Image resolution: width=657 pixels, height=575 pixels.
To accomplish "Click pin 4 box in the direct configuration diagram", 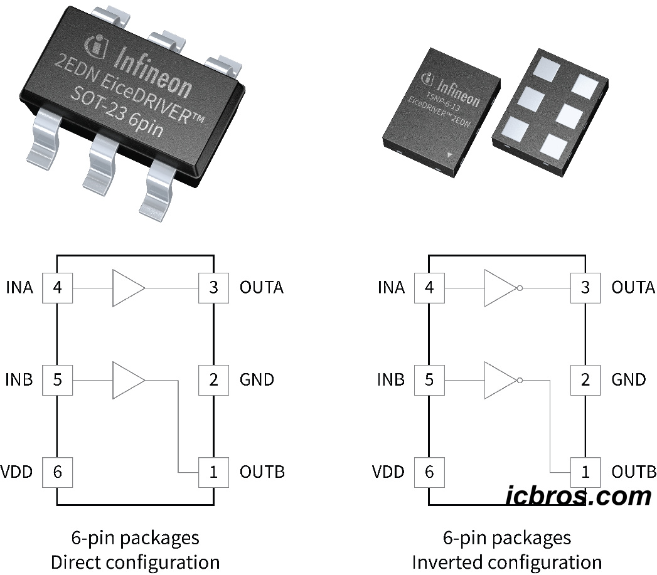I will (57, 288).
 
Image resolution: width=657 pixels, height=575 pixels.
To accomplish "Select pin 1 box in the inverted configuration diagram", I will (585, 472).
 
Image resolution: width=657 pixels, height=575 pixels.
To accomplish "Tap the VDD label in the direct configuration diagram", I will (17, 472).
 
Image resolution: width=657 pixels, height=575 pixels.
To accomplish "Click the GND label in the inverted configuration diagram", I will (628, 380).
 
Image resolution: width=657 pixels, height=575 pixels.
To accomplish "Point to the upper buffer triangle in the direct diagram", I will (128, 288).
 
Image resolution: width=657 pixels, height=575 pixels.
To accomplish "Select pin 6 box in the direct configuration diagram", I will (57, 472).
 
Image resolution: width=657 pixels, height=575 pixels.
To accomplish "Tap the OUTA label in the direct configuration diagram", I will (262, 288).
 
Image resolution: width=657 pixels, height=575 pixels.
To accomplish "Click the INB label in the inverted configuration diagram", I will (391, 380).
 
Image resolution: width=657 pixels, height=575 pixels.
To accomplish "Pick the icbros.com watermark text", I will (579, 496).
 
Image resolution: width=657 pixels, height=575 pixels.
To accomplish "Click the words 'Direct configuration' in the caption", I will (135, 561).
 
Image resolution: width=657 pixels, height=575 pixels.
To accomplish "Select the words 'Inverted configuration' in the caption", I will (506, 561).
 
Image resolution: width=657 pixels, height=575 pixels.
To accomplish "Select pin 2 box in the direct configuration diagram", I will (213, 380).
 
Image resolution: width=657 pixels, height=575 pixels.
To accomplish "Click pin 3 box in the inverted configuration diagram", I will (585, 288).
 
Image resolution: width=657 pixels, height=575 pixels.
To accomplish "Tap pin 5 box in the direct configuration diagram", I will (57, 380).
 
